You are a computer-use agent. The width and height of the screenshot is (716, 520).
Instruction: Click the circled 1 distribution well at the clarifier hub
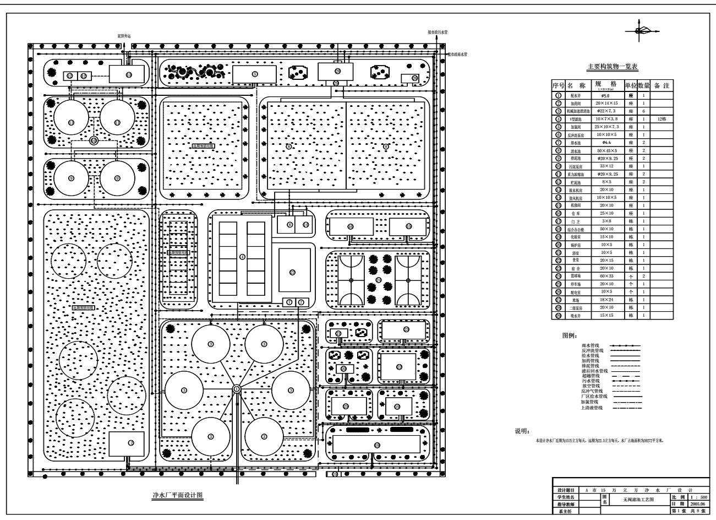[x=236, y=389]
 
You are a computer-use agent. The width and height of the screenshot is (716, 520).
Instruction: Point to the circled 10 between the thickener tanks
[x=94, y=140]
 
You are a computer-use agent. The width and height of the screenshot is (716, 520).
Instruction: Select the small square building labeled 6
[x=286, y=224]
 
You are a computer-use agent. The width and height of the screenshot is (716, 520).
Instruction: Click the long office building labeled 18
[x=377, y=445]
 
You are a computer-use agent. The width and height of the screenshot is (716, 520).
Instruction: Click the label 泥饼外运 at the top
[x=124, y=36]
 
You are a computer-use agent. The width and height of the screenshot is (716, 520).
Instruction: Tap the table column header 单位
[x=629, y=86]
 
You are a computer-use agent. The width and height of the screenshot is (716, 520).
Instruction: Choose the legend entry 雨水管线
[x=592, y=345]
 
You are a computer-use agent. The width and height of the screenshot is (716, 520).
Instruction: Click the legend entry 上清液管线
[x=592, y=408]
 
